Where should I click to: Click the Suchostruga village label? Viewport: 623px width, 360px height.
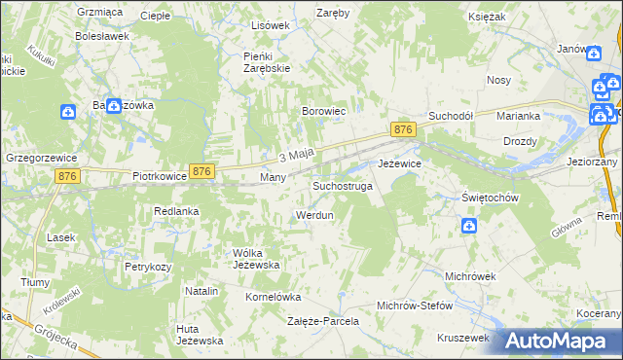[x=342, y=185]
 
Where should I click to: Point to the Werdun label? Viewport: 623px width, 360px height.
[x=314, y=214]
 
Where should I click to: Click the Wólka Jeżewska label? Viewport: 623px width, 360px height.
[x=256, y=259]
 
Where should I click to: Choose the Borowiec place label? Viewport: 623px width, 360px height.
[x=324, y=113]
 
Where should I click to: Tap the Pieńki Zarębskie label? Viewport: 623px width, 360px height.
[x=263, y=62]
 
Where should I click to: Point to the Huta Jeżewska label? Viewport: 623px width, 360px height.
[x=200, y=335]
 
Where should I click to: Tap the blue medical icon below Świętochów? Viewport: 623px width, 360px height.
[x=469, y=227]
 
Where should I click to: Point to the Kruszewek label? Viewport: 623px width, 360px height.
[x=462, y=338]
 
